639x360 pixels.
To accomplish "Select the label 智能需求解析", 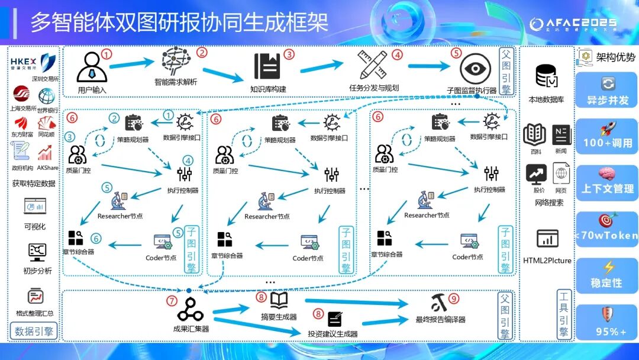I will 176,82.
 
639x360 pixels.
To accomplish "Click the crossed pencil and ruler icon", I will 373,65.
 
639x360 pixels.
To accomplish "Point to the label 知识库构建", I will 267,89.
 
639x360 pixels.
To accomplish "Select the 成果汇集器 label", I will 191,329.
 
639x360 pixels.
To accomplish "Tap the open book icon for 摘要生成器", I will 279,300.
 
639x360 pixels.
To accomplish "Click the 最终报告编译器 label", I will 440,320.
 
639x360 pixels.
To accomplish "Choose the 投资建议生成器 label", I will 333,334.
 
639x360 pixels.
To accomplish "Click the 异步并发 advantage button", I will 606,92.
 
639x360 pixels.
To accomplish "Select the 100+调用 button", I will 607,137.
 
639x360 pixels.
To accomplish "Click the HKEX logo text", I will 24,61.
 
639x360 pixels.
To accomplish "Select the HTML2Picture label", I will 547,261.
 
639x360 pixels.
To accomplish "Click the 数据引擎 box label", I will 34,331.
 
